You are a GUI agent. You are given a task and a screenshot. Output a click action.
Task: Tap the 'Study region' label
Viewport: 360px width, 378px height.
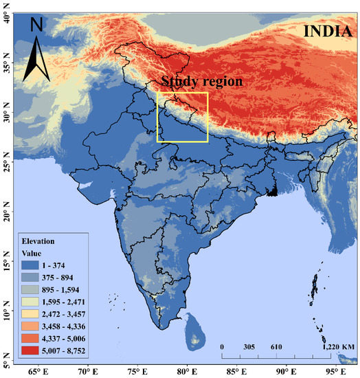coord(202,81)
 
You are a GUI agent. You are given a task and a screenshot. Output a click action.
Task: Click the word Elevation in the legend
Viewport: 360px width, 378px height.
coord(38,241)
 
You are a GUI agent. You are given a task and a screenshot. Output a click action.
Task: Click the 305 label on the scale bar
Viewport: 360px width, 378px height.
coord(249,348)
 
